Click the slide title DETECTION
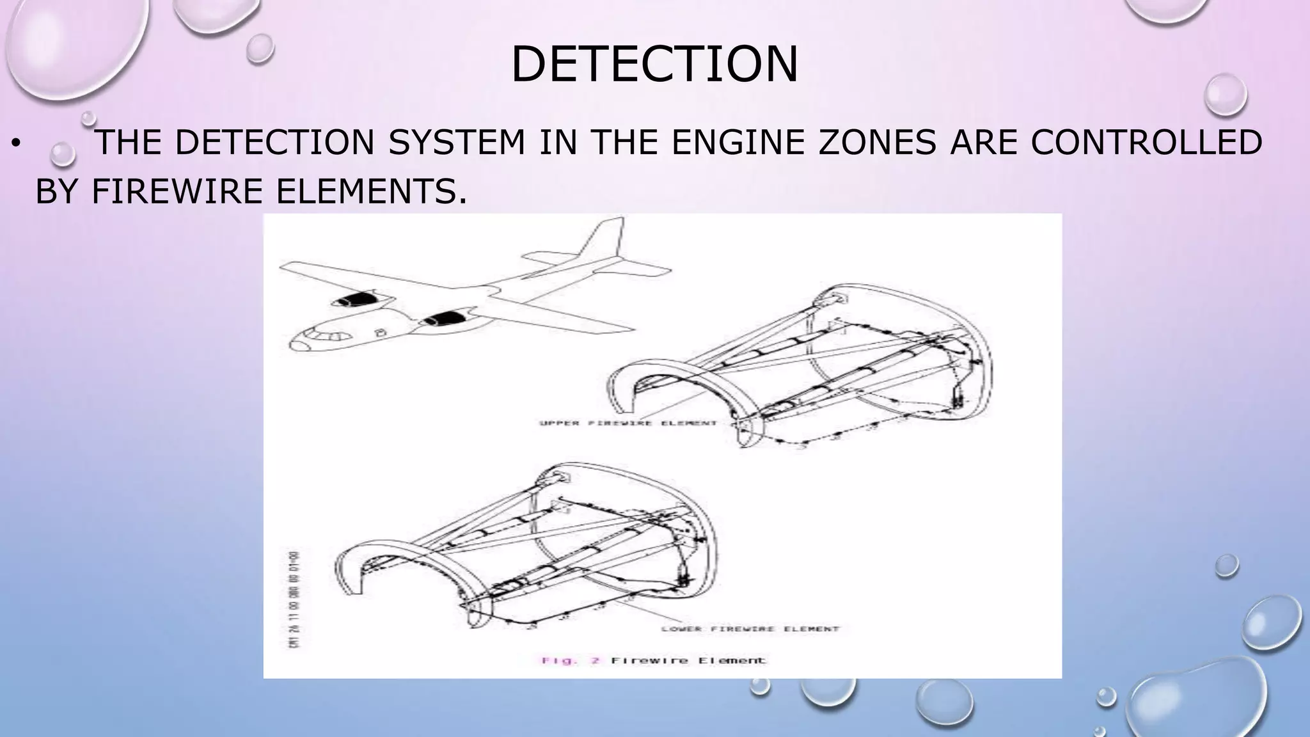[x=654, y=64]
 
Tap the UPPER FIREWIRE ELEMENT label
[x=628, y=424]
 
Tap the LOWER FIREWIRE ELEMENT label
[x=750, y=629]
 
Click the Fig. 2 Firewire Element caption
[x=652, y=660]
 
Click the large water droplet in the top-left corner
[x=70, y=45]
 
